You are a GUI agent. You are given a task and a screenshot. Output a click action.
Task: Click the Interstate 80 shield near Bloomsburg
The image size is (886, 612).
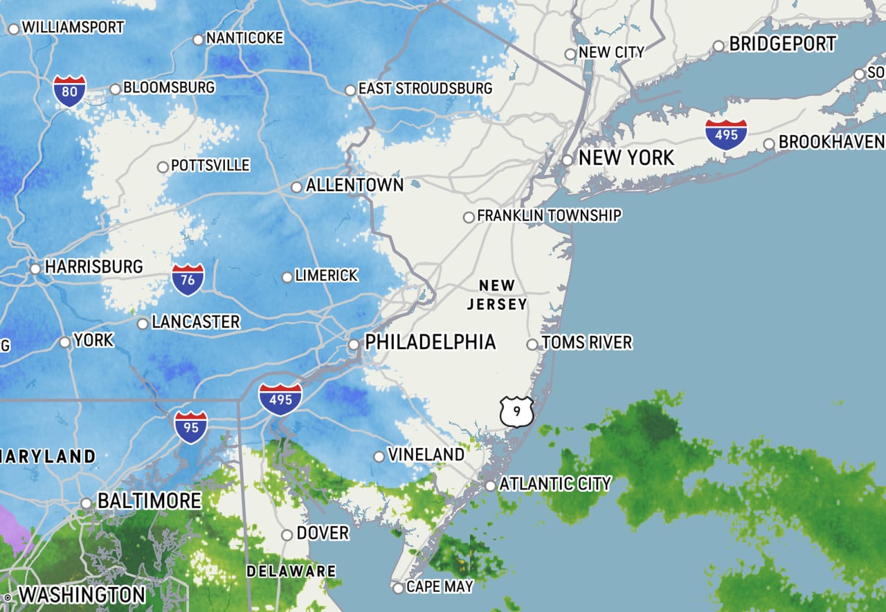click(x=69, y=91)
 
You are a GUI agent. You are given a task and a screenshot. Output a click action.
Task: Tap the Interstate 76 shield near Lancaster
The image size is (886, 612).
click(x=188, y=279)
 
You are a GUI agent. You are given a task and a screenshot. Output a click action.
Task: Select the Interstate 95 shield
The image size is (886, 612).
click(x=190, y=426)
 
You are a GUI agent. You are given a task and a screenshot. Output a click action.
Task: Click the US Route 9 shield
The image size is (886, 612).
click(x=517, y=412)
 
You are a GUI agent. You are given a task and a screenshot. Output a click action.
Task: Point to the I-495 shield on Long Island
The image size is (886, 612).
click(x=726, y=134)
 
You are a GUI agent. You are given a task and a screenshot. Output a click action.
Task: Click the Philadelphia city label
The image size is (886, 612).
click(x=430, y=342)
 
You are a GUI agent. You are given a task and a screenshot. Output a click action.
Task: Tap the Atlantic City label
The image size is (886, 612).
click(x=555, y=483)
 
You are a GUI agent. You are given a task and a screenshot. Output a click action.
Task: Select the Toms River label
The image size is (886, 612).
click(x=587, y=343)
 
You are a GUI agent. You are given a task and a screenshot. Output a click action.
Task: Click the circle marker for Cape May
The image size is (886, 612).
click(x=398, y=588)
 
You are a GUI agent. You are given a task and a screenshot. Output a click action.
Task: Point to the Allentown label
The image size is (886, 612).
click(x=354, y=185)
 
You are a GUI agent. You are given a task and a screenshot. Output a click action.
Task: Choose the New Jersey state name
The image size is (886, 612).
click(x=497, y=295)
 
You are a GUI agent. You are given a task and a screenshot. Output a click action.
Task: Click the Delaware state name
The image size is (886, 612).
click(x=291, y=572)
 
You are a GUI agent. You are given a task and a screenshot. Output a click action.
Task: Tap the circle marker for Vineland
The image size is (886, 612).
click(x=379, y=456)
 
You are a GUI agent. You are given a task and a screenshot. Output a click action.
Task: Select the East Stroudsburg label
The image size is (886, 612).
click(x=425, y=89)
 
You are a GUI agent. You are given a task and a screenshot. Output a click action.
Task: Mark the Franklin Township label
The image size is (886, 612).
click(x=549, y=215)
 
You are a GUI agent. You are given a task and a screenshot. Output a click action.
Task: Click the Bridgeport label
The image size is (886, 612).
click(x=783, y=44)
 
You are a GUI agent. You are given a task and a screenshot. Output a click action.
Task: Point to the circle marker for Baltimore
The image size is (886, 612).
click(x=86, y=503)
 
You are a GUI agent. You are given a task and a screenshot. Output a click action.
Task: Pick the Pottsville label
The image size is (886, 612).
click(x=210, y=165)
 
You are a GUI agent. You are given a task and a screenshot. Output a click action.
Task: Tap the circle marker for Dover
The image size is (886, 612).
click(x=287, y=534)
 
